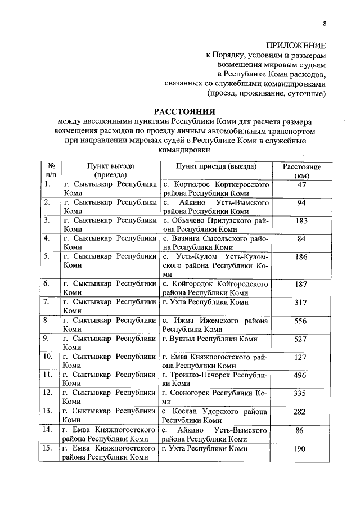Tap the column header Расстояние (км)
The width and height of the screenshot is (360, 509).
click(x=301, y=172)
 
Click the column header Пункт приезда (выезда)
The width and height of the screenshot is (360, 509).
click(x=216, y=167)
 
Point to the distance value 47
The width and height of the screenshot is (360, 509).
click(x=301, y=184)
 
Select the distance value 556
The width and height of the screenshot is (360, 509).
click(x=301, y=321)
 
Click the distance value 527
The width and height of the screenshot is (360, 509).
click(x=301, y=339)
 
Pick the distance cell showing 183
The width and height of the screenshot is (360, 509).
click(x=301, y=221)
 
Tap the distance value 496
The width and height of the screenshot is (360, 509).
click(x=301, y=375)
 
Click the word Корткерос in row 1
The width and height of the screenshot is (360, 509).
click(x=192, y=184)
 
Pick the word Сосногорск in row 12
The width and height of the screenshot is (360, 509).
click(x=190, y=393)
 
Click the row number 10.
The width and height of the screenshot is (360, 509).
click(x=48, y=357)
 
